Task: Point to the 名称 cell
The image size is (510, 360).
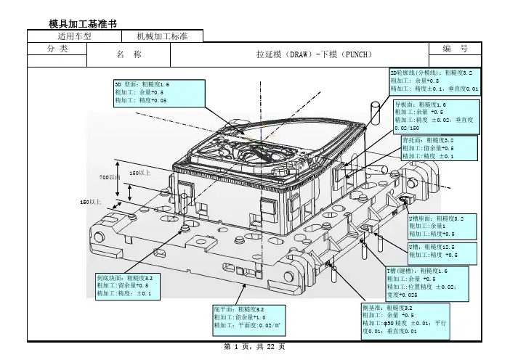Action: pos(128,54)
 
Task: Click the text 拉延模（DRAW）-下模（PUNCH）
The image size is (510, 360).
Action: pos(314,54)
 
